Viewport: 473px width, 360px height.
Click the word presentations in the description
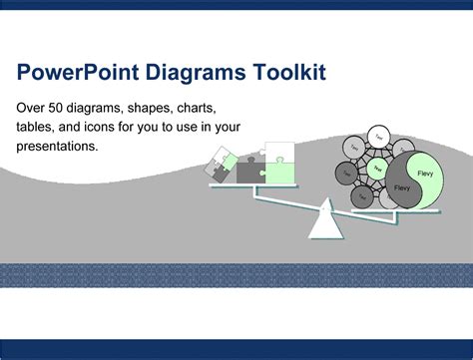coord(57,146)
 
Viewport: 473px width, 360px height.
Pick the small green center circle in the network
coord(377,168)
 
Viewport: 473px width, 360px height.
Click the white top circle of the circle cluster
coord(378,135)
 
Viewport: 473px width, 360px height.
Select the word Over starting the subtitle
coord(30,107)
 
